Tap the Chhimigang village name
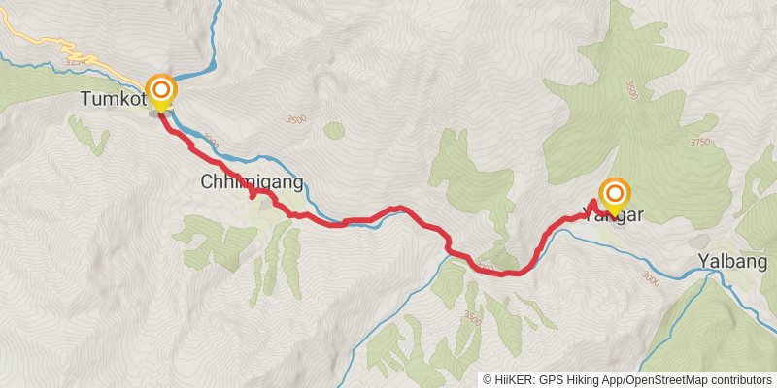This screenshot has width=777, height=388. point(252,181)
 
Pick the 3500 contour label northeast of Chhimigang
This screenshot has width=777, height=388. point(296,119)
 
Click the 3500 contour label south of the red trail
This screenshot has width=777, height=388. point(473,317)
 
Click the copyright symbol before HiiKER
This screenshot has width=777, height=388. point(489,380)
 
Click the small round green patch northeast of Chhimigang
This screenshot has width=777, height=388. point(334,130)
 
